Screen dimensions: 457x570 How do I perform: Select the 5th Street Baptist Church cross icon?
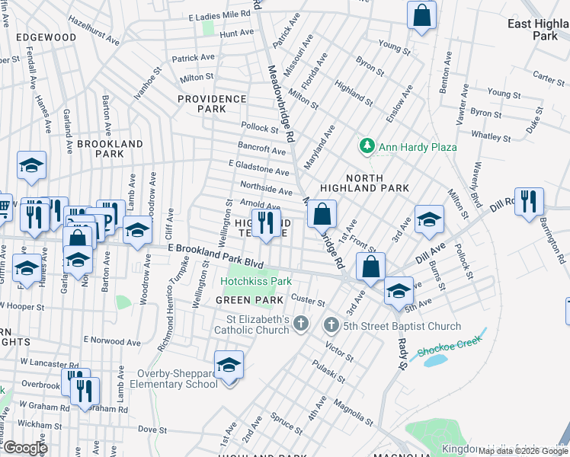coord(331,326)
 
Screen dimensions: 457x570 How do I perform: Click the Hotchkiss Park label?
coord(256,281)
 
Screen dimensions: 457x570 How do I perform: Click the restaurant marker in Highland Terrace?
coord(265,223)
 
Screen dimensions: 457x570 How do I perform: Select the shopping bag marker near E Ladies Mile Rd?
coord(421,15)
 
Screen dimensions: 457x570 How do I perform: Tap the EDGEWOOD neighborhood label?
coord(46,37)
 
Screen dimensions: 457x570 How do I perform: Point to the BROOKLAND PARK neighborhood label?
coord(110,149)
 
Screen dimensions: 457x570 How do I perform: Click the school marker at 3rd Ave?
coord(429,219)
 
